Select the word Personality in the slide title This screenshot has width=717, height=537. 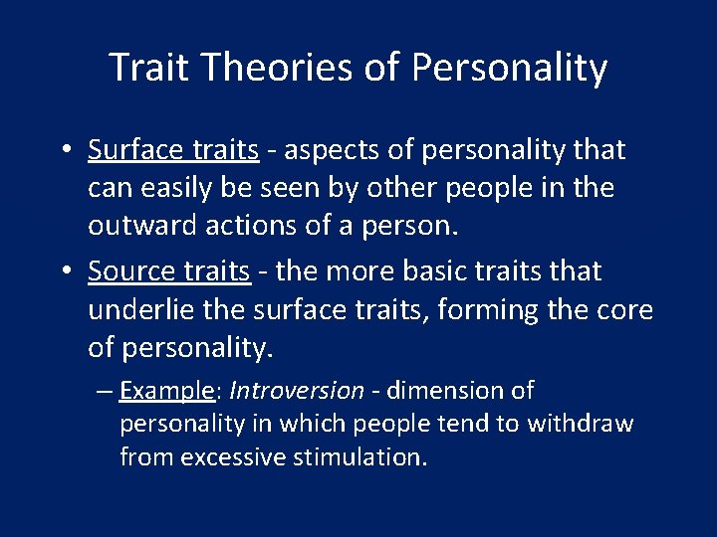click(509, 68)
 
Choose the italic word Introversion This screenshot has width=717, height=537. click(296, 390)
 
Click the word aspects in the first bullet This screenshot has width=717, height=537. click(330, 150)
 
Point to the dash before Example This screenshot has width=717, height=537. click(105, 391)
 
